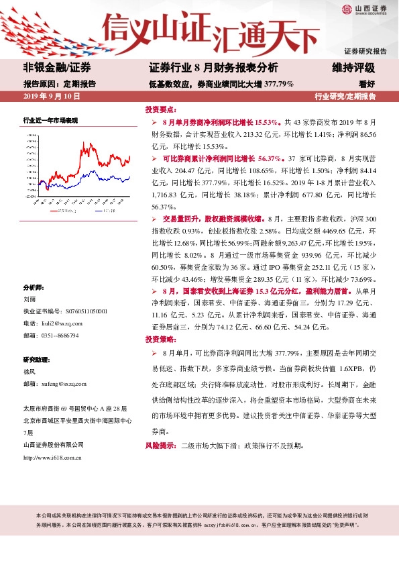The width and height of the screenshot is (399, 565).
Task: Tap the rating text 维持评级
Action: [x=353, y=68]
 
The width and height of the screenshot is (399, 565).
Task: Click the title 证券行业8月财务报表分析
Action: [x=213, y=68]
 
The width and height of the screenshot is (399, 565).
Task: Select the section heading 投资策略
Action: [x=161, y=340]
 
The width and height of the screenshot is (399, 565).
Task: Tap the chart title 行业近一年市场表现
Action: [x=51, y=121]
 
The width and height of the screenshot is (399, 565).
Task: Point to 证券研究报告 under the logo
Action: [x=365, y=51]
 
